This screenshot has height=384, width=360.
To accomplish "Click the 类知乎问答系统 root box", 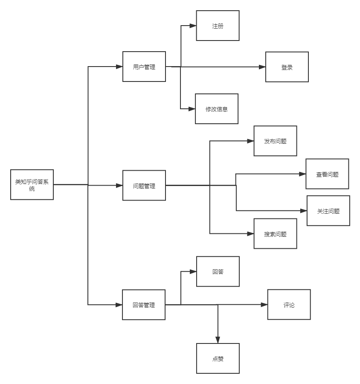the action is [x=32, y=185].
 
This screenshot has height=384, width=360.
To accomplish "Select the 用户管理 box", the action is [x=144, y=67].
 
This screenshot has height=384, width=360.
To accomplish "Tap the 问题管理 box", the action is [x=144, y=186].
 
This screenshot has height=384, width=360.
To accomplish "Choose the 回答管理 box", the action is [x=144, y=305].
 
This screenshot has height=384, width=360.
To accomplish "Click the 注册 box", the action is [x=218, y=26].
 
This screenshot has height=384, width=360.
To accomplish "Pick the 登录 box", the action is [x=287, y=67].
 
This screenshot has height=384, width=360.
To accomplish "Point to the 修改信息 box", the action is [x=217, y=109].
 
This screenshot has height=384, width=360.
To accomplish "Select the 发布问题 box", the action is [x=275, y=141].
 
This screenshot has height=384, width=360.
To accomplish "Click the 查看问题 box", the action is [x=327, y=174].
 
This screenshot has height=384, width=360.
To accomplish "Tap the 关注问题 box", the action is [x=328, y=211].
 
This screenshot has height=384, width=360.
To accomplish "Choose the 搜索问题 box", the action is [x=275, y=234].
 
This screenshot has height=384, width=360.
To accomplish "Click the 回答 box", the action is [x=218, y=272].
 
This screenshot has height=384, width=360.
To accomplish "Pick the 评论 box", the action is [x=289, y=305].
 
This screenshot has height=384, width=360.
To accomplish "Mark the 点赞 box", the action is [x=218, y=359].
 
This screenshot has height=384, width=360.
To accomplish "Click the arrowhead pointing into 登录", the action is [x=262, y=67].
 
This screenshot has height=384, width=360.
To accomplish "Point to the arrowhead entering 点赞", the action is [x=218, y=340].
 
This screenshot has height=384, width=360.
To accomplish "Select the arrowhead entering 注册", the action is [x=193, y=26].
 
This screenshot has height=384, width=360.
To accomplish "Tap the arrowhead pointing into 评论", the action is [x=264, y=305].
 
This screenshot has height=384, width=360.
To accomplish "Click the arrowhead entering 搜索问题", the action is [x=250, y=234].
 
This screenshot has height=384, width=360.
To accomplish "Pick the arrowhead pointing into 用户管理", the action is [x=119, y=67].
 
